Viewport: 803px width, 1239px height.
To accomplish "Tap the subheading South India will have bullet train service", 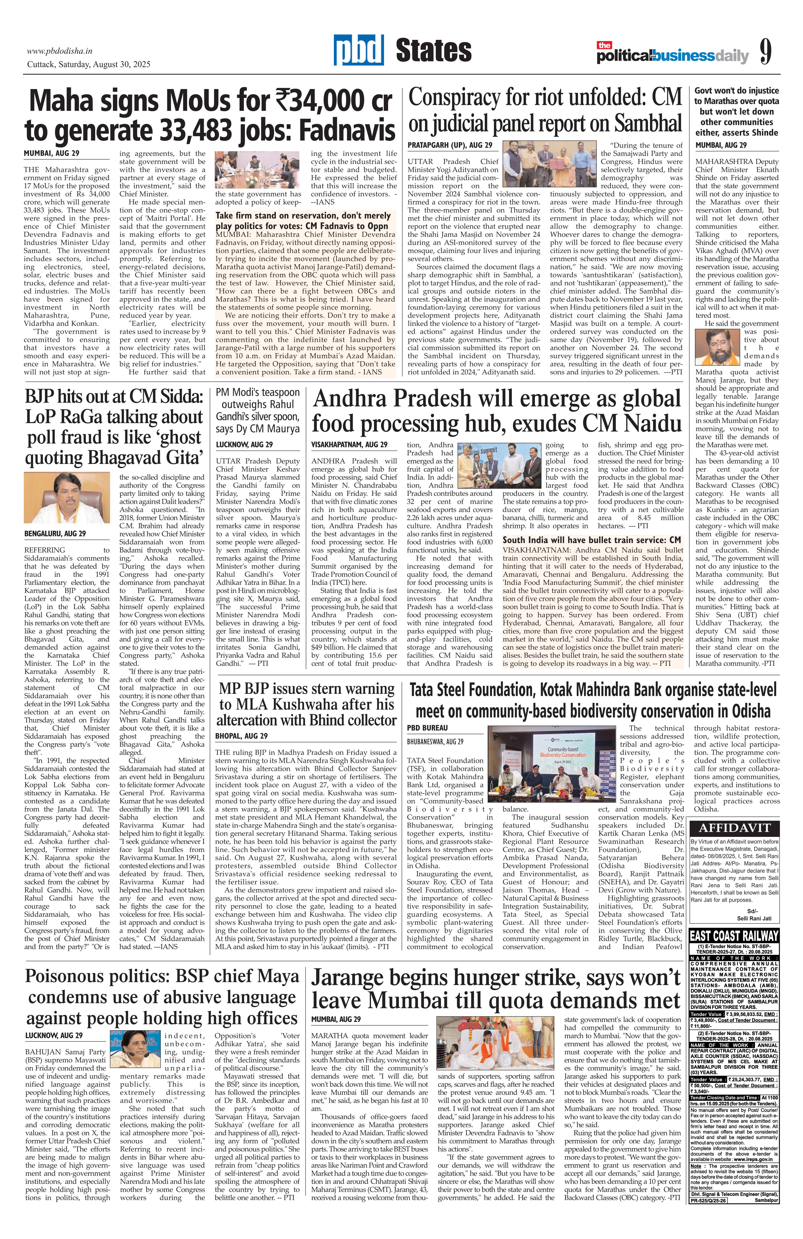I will (x=591, y=540).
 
